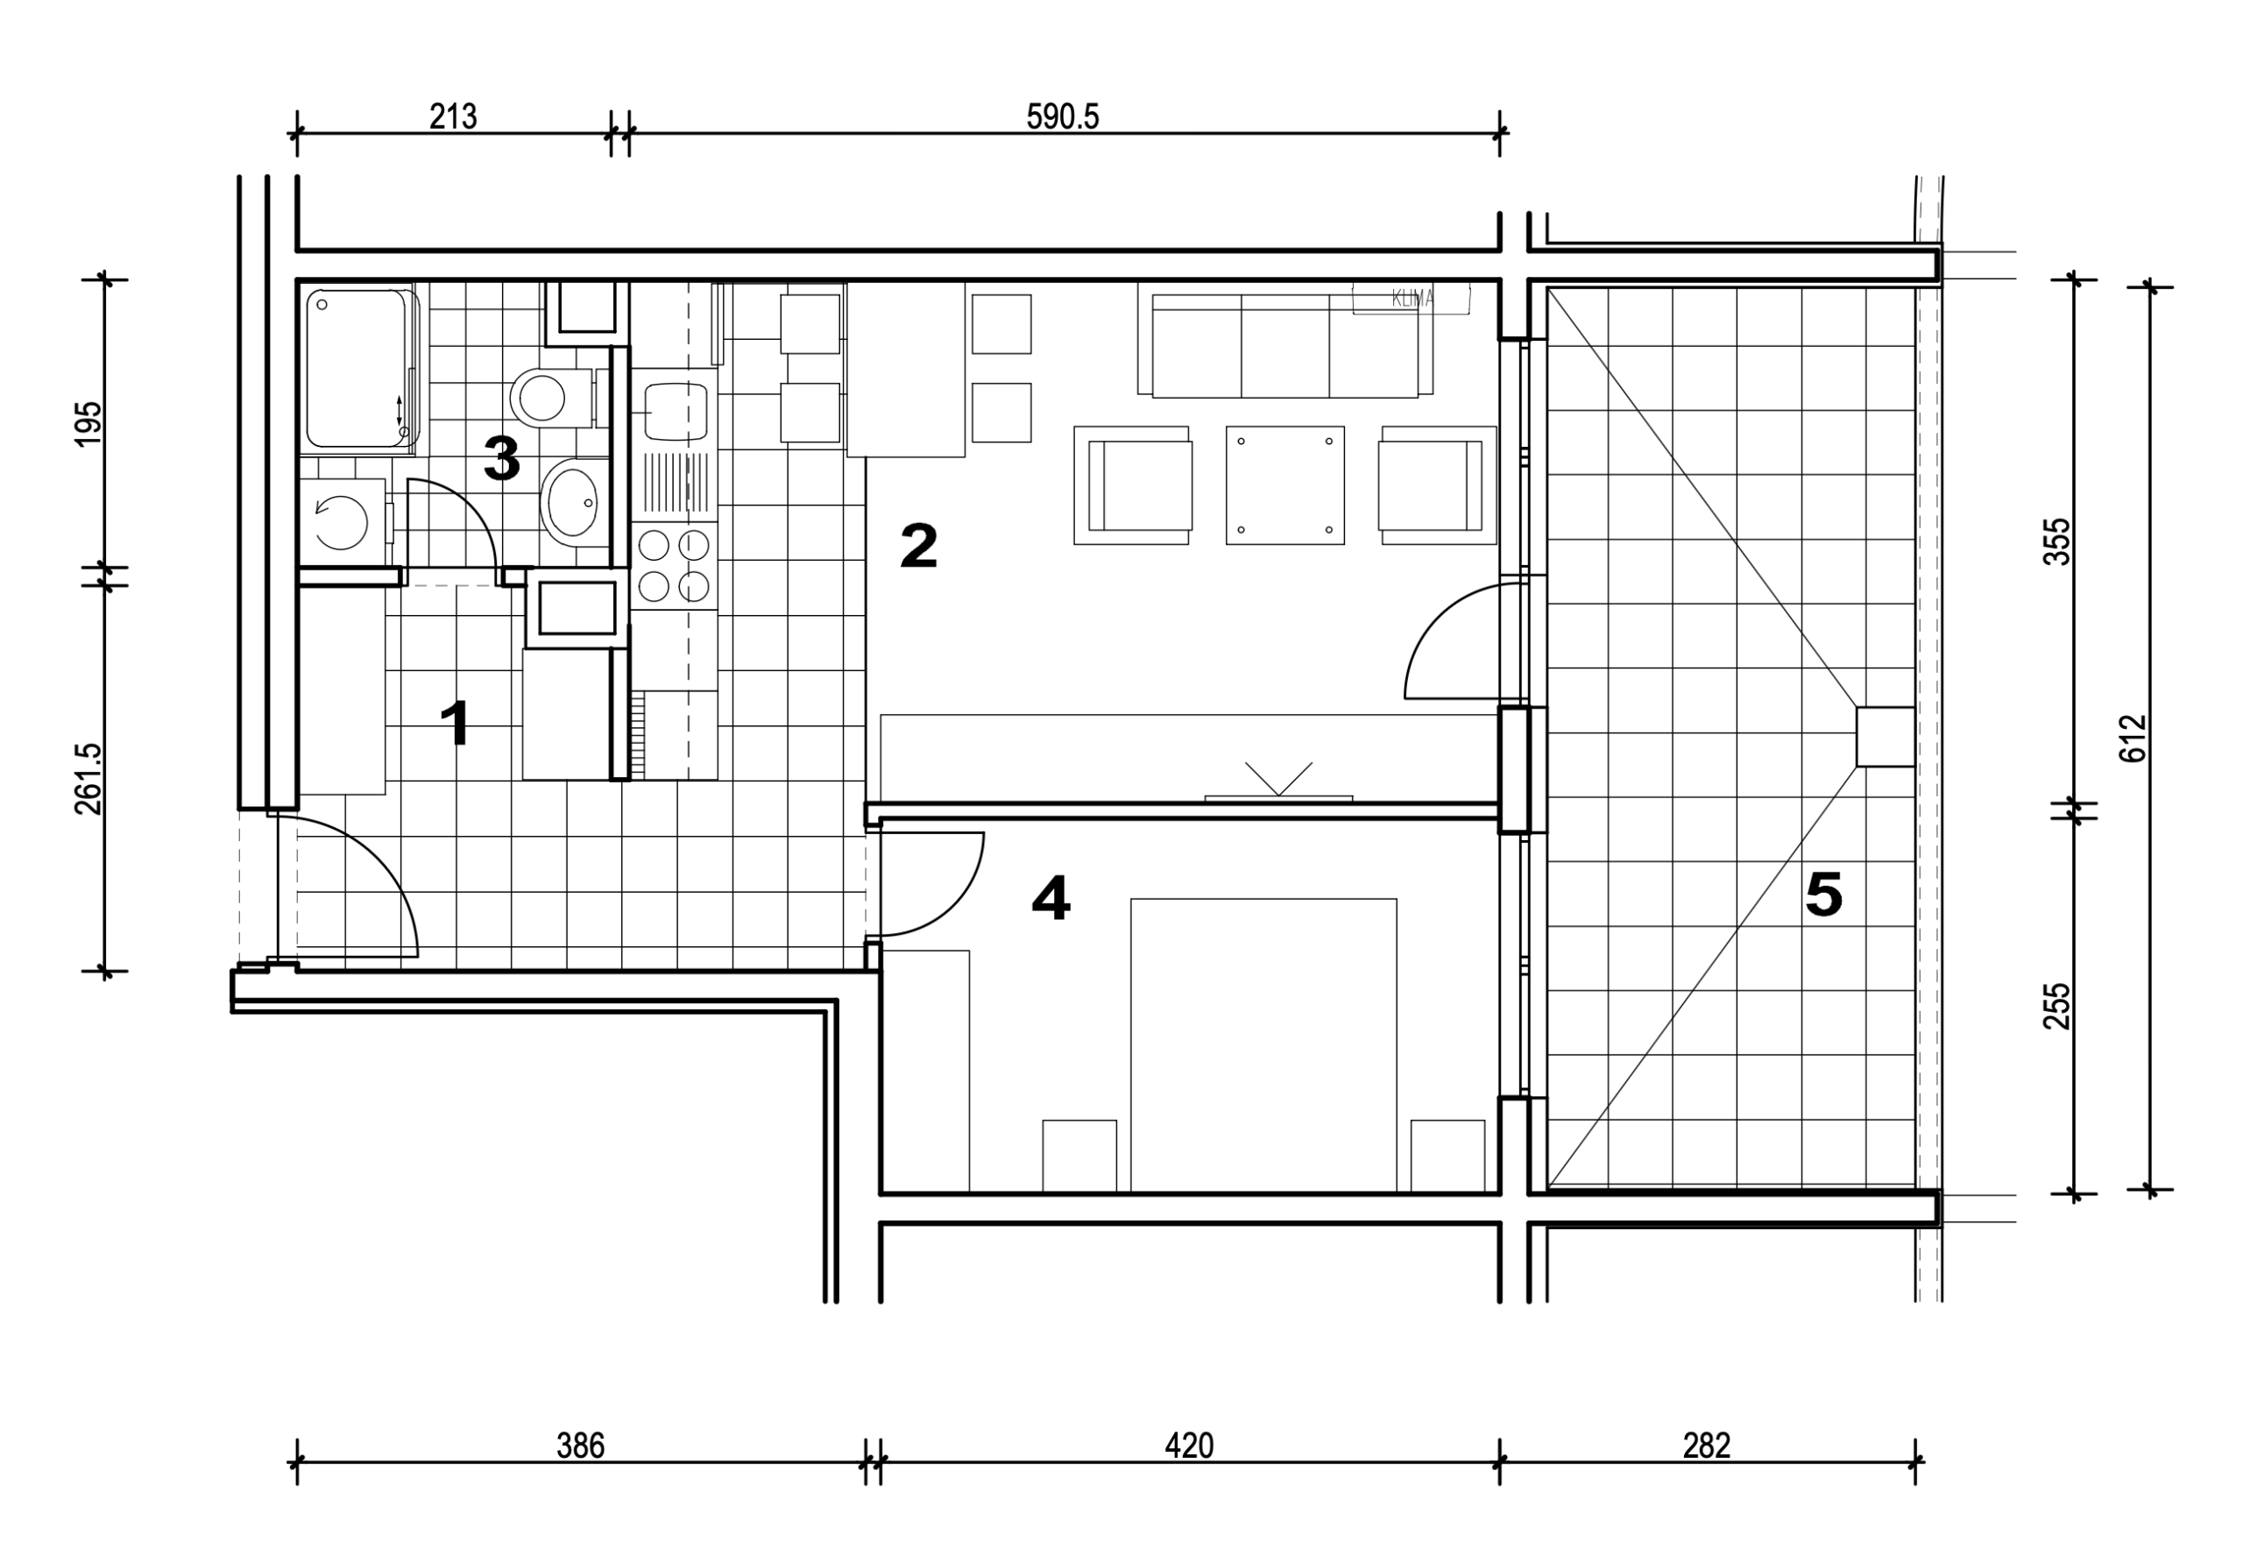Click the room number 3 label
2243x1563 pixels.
[x=502, y=459]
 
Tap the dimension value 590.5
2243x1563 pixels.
[x=1063, y=117]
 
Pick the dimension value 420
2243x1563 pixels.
[x=1189, y=1446]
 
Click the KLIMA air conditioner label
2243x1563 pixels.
[x=1412, y=299]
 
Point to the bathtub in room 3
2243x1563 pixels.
[x=357, y=368]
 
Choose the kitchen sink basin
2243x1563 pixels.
[x=676, y=411]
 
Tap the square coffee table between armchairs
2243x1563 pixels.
[x=1284, y=485]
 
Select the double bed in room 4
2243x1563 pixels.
[x=1263, y=1045]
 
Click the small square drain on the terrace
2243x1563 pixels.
[x=1886, y=737]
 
